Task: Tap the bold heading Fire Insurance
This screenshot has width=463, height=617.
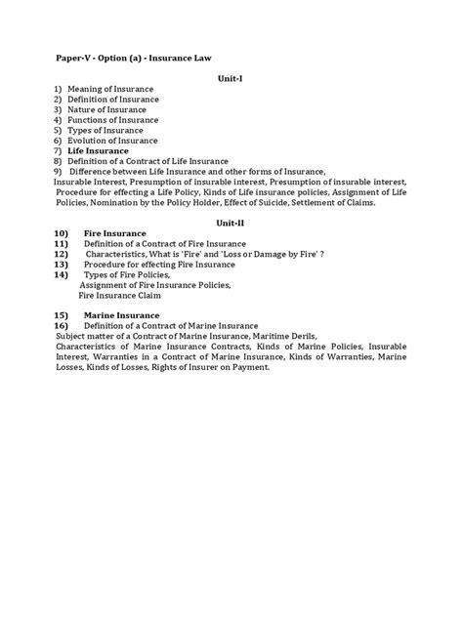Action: coord(115,233)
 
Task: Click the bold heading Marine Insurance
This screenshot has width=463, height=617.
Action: coord(122,314)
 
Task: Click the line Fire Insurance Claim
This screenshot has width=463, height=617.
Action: coord(124,295)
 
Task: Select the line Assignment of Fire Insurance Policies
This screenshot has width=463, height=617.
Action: coord(154,284)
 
